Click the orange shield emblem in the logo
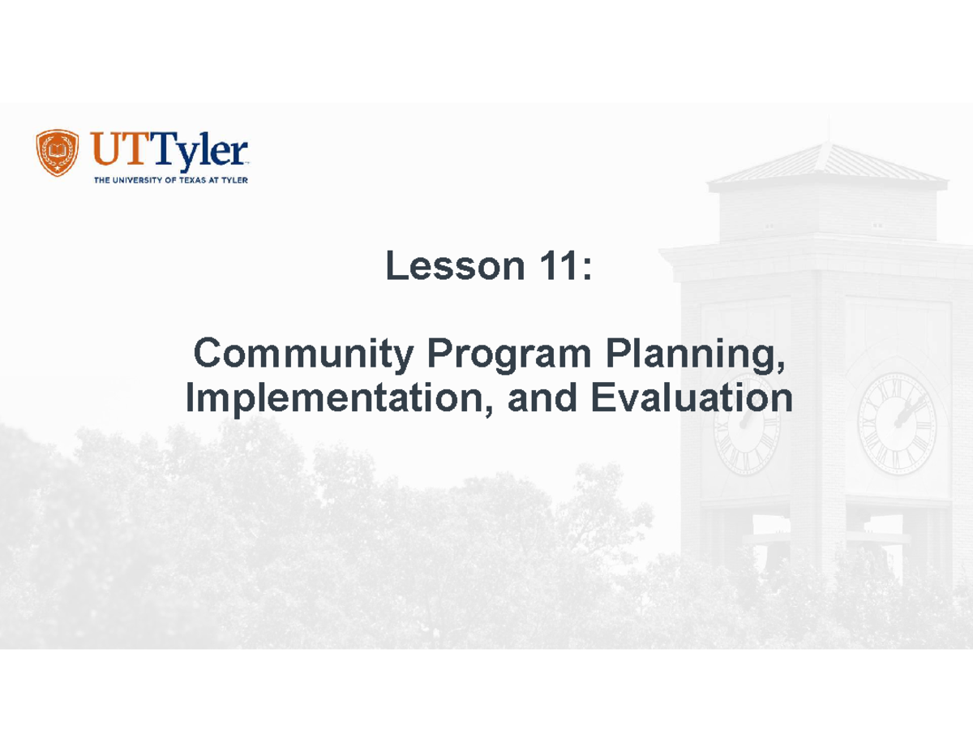click(x=58, y=153)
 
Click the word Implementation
click(x=336, y=398)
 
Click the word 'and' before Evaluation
click(x=544, y=398)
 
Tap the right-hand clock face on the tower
click(x=897, y=423)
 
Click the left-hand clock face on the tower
click(x=747, y=423)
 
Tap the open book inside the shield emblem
click(x=58, y=151)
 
